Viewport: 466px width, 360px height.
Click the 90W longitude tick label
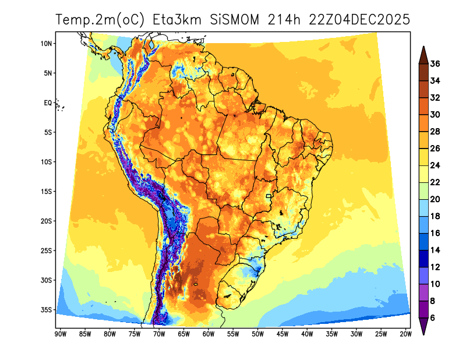tap(59, 334)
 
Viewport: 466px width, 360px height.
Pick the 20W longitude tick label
tap(406, 334)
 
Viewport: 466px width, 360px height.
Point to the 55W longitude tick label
tap(233, 334)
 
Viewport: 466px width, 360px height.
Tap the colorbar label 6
tap(433, 318)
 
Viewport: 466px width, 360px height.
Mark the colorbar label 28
tap(435, 132)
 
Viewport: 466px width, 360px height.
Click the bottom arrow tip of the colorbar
tap(423, 334)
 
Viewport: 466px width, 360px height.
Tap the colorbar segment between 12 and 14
tap(423, 259)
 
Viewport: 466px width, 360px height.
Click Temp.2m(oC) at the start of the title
tap(100, 20)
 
